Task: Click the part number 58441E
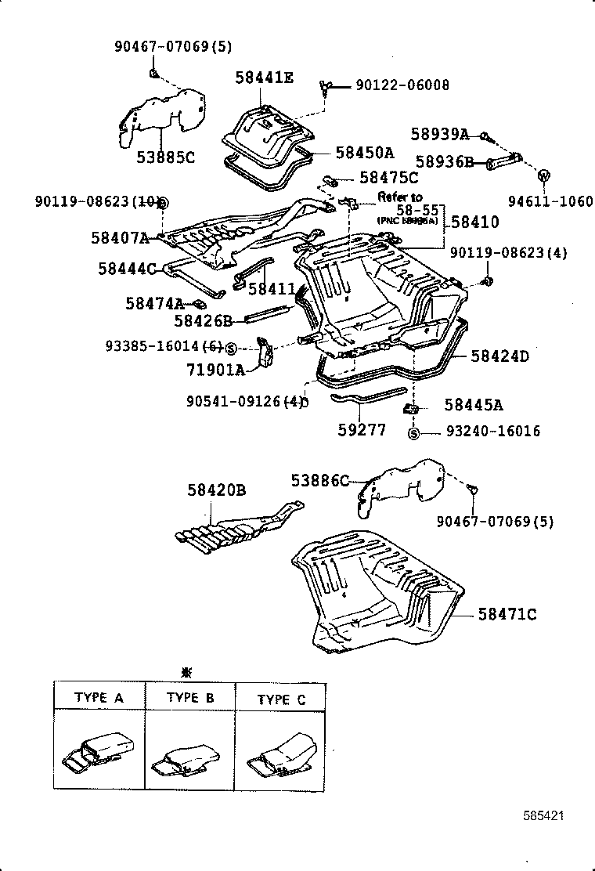point(265,77)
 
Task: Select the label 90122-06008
point(402,85)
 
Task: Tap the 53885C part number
point(165,157)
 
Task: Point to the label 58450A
point(364,152)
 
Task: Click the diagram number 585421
point(543,815)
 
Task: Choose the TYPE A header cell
point(99,697)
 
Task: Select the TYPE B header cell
point(190,697)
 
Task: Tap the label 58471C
point(507,614)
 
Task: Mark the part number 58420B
point(217,490)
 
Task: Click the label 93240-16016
point(493,432)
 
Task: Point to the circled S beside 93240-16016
point(414,433)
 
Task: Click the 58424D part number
point(499,356)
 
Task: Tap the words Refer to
point(399,197)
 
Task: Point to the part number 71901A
point(215,368)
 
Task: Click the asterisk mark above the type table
point(186,672)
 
